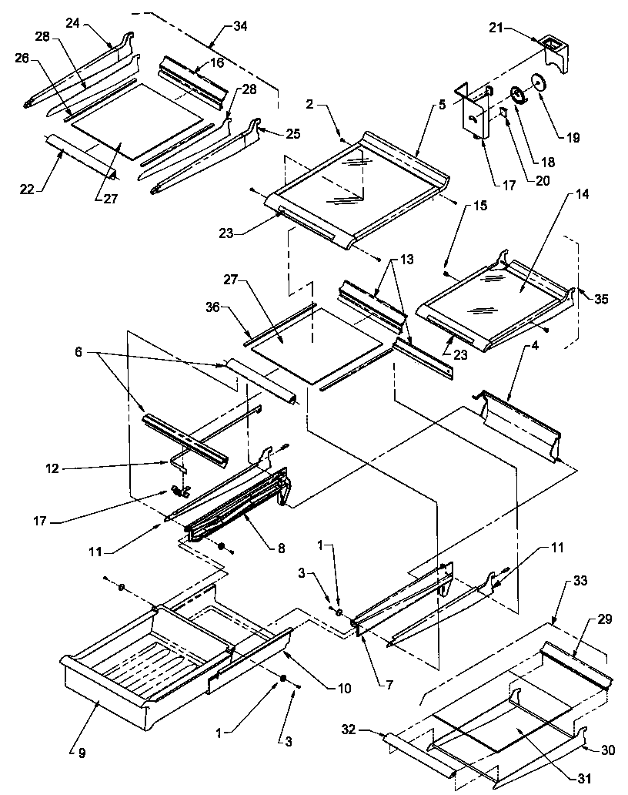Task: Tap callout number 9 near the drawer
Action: point(74,753)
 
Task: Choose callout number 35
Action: point(600,300)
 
